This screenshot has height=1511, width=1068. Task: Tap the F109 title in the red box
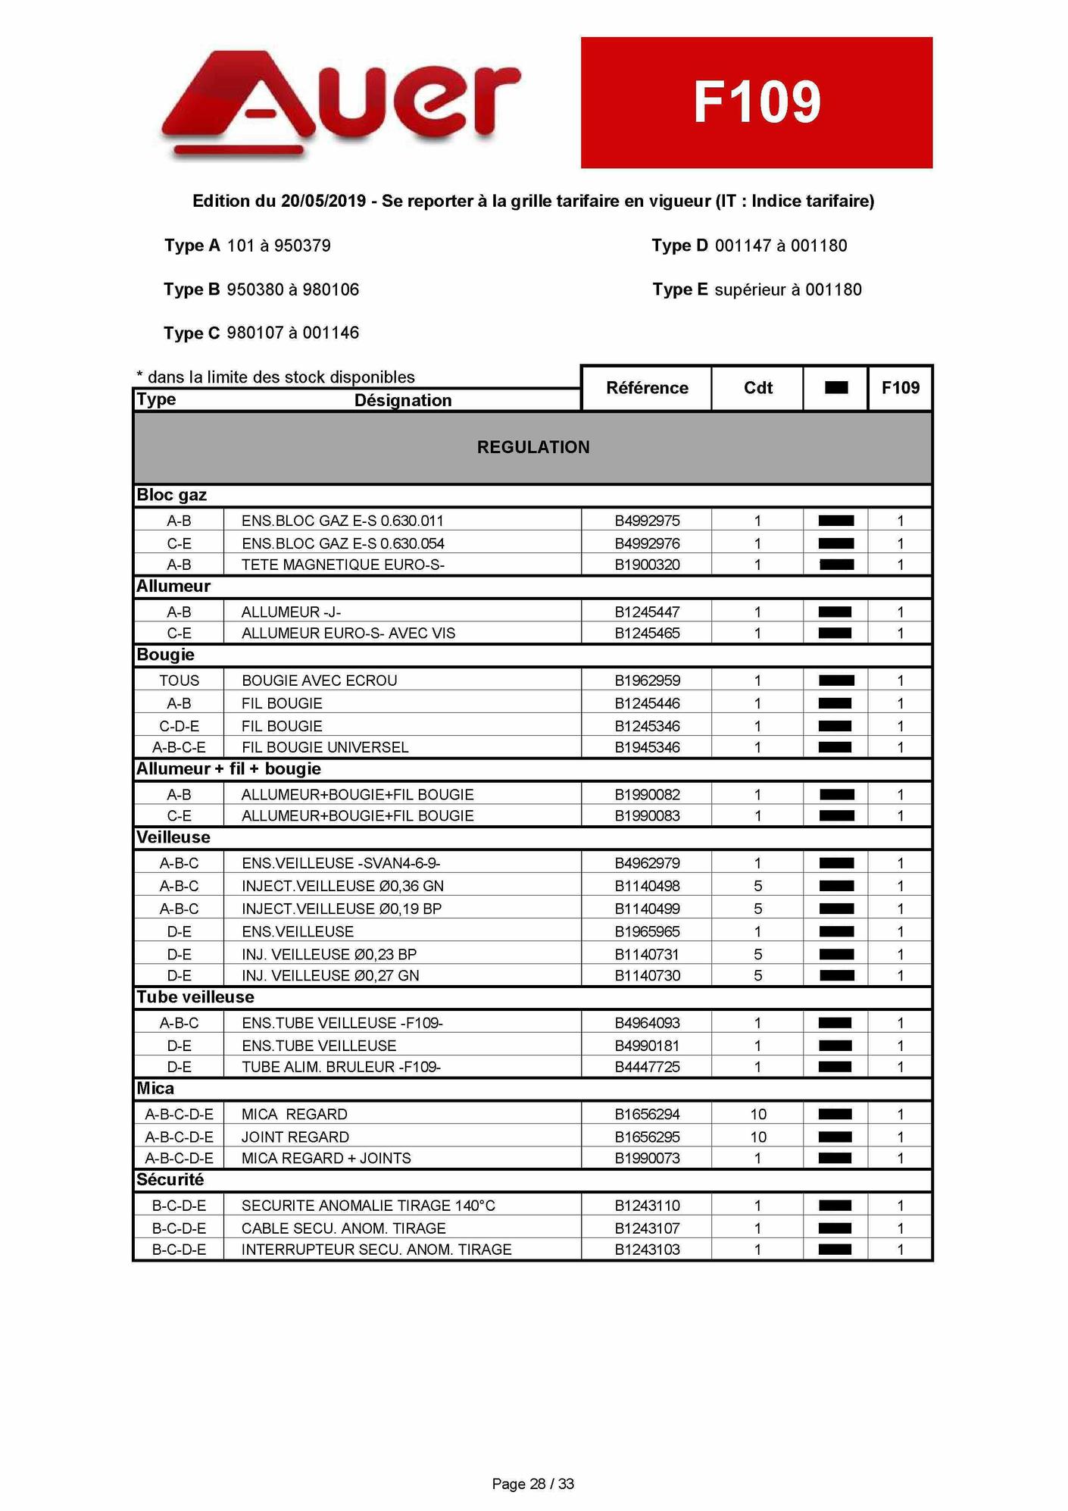click(x=757, y=102)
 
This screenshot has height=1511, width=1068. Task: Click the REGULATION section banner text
click(x=533, y=447)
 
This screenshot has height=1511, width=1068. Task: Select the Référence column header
click(x=647, y=388)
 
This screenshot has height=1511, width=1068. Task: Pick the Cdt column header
click(x=757, y=388)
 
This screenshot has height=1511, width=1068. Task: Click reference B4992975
click(x=647, y=521)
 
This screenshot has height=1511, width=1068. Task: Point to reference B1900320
click(x=647, y=565)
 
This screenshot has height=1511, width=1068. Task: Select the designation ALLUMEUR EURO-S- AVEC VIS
click(x=348, y=633)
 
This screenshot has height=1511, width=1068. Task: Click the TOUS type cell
click(x=179, y=680)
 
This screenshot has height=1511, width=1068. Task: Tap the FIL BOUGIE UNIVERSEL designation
click(x=325, y=747)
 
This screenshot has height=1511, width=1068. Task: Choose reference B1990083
click(x=647, y=815)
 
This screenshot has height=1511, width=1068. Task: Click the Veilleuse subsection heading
click(x=173, y=837)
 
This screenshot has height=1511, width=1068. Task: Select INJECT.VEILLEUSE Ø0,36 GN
click(x=342, y=886)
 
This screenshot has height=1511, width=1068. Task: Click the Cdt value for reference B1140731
click(x=757, y=954)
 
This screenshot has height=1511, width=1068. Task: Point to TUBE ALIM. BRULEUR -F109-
click(x=341, y=1067)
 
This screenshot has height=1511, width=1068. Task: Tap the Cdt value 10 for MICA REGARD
click(x=757, y=1114)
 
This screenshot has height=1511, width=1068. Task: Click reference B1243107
click(x=647, y=1228)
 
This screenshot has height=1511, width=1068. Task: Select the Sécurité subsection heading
click(x=170, y=1180)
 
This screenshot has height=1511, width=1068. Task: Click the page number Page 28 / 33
click(x=533, y=1484)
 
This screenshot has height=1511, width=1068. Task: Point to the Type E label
click(x=681, y=289)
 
